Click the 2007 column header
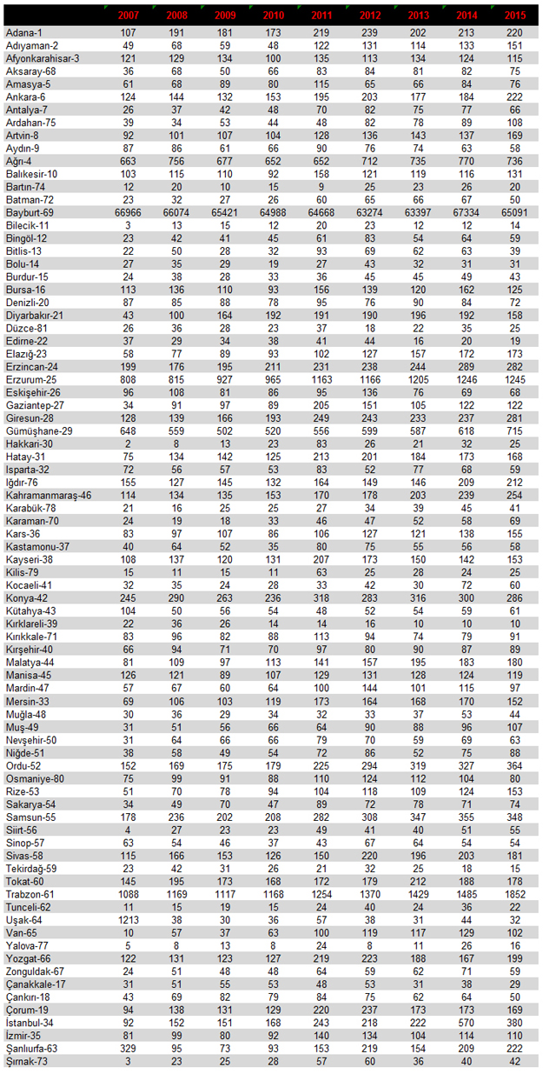pyautogui.click(x=129, y=16)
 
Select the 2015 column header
pyautogui.click(x=515, y=16)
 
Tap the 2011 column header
pyautogui.click(x=321, y=16)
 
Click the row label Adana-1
pyautogui.click(x=24, y=32)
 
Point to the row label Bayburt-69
pyautogui.click(x=30, y=212)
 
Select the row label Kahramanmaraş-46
pyautogui.click(x=49, y=496)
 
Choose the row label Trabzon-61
pyautogui.click(x=30, y=894)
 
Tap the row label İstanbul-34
pyautogui.click(x=30, y=1023)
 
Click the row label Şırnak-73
pyautogui.click(x=27, y=1062)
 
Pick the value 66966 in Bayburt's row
pyautogui.click(x=128, y=212)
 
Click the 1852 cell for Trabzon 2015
pyautogui.click(x=514, y=894)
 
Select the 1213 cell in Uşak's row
pyautogui.click(x=129, y=919)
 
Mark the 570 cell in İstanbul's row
pyautogui.click(x=467, y=1023)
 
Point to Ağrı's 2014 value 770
pyautogui.click(x=467, y=161)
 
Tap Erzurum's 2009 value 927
pyautogui.click(x=224, y=379)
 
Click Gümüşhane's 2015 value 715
pyautogui.click(x=514, y=430)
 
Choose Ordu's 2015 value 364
pyautogui.click(x=514, y=765)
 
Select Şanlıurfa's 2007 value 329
pyautogui.click(x=128, y=1049)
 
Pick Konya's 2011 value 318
pyautogui.click(x=321, y=598)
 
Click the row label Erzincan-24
pyautogui.click(x=31, y=367)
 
